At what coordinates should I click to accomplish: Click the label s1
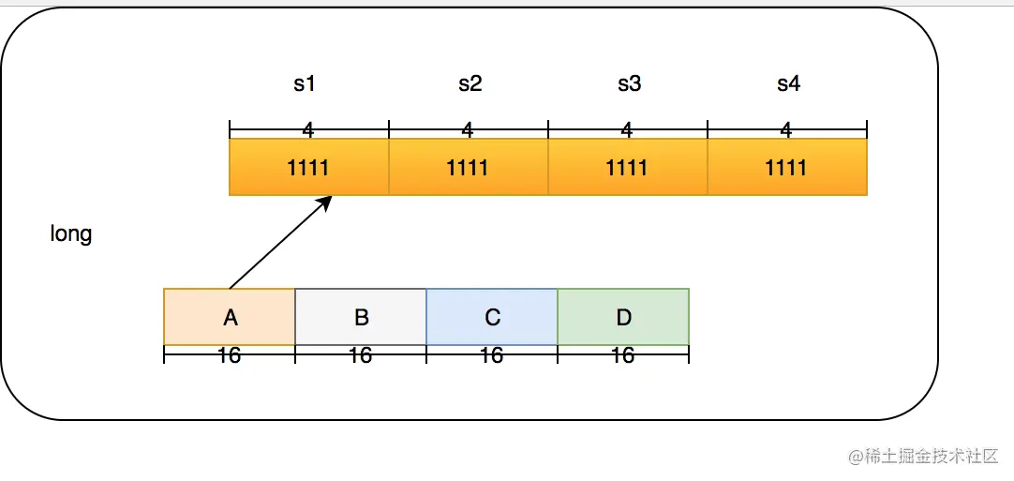click(x=305, y=84)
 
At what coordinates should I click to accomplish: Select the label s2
click(x=470, y=84)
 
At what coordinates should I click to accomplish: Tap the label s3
click(x=630, y=84)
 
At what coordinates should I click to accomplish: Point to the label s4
click(x=789, y=84)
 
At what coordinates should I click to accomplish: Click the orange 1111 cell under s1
click(x=309, y=167)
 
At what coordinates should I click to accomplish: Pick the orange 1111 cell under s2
click(x=469, y=167)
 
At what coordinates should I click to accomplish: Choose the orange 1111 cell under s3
click(x=628, y=167)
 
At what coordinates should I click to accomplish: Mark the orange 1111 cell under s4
click(x=787, y=167)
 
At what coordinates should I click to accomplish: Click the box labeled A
click(x=230, y=317)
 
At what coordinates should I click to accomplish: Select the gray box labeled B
click(x=361, y=317)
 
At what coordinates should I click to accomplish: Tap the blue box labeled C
click(x=492, y=317)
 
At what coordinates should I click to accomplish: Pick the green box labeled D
click(x=623, y=317)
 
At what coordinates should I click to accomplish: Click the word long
click(x=71, y=233)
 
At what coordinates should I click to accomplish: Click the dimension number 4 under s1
click(x=308, y=129)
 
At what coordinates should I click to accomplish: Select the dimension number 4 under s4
click(x=786, y=129)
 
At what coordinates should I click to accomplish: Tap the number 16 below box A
click(x=230, y=355)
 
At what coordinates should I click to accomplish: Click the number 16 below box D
click(x=623, y=355)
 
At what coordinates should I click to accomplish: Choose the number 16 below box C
click(x=492, y=355)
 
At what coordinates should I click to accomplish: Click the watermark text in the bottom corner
click(x=923, y=456)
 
